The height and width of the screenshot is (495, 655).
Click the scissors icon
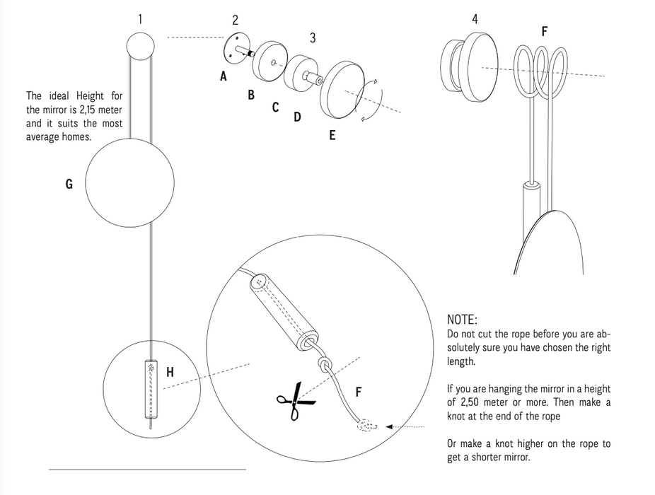[x=296, y=402]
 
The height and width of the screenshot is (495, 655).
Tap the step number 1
[x=140, y=19]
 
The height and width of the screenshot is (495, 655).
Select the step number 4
[x=475, y=19]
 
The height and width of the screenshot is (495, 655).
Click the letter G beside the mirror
[x=69, y=184]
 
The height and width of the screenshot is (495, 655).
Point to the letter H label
[x=170, y=372]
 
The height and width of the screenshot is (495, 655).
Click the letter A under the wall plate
[x=224, y=76]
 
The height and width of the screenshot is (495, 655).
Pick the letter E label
[x=332, y=135]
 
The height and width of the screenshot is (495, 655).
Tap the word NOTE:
[x=462, y=320]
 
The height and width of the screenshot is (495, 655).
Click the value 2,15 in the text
[x=89, y=110]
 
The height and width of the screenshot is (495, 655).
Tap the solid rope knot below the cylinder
[x=325, y=363]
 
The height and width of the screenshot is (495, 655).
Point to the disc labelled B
[x=270, y=61]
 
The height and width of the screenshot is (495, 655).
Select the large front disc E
[x=342, y=90]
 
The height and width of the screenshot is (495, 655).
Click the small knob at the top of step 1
[x=140, y=47]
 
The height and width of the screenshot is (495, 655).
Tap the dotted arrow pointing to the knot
[x=405, y=427]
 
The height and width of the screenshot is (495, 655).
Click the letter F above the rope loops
[x=545, y=31]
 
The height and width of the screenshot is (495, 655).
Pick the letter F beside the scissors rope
[x=359, y=392]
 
